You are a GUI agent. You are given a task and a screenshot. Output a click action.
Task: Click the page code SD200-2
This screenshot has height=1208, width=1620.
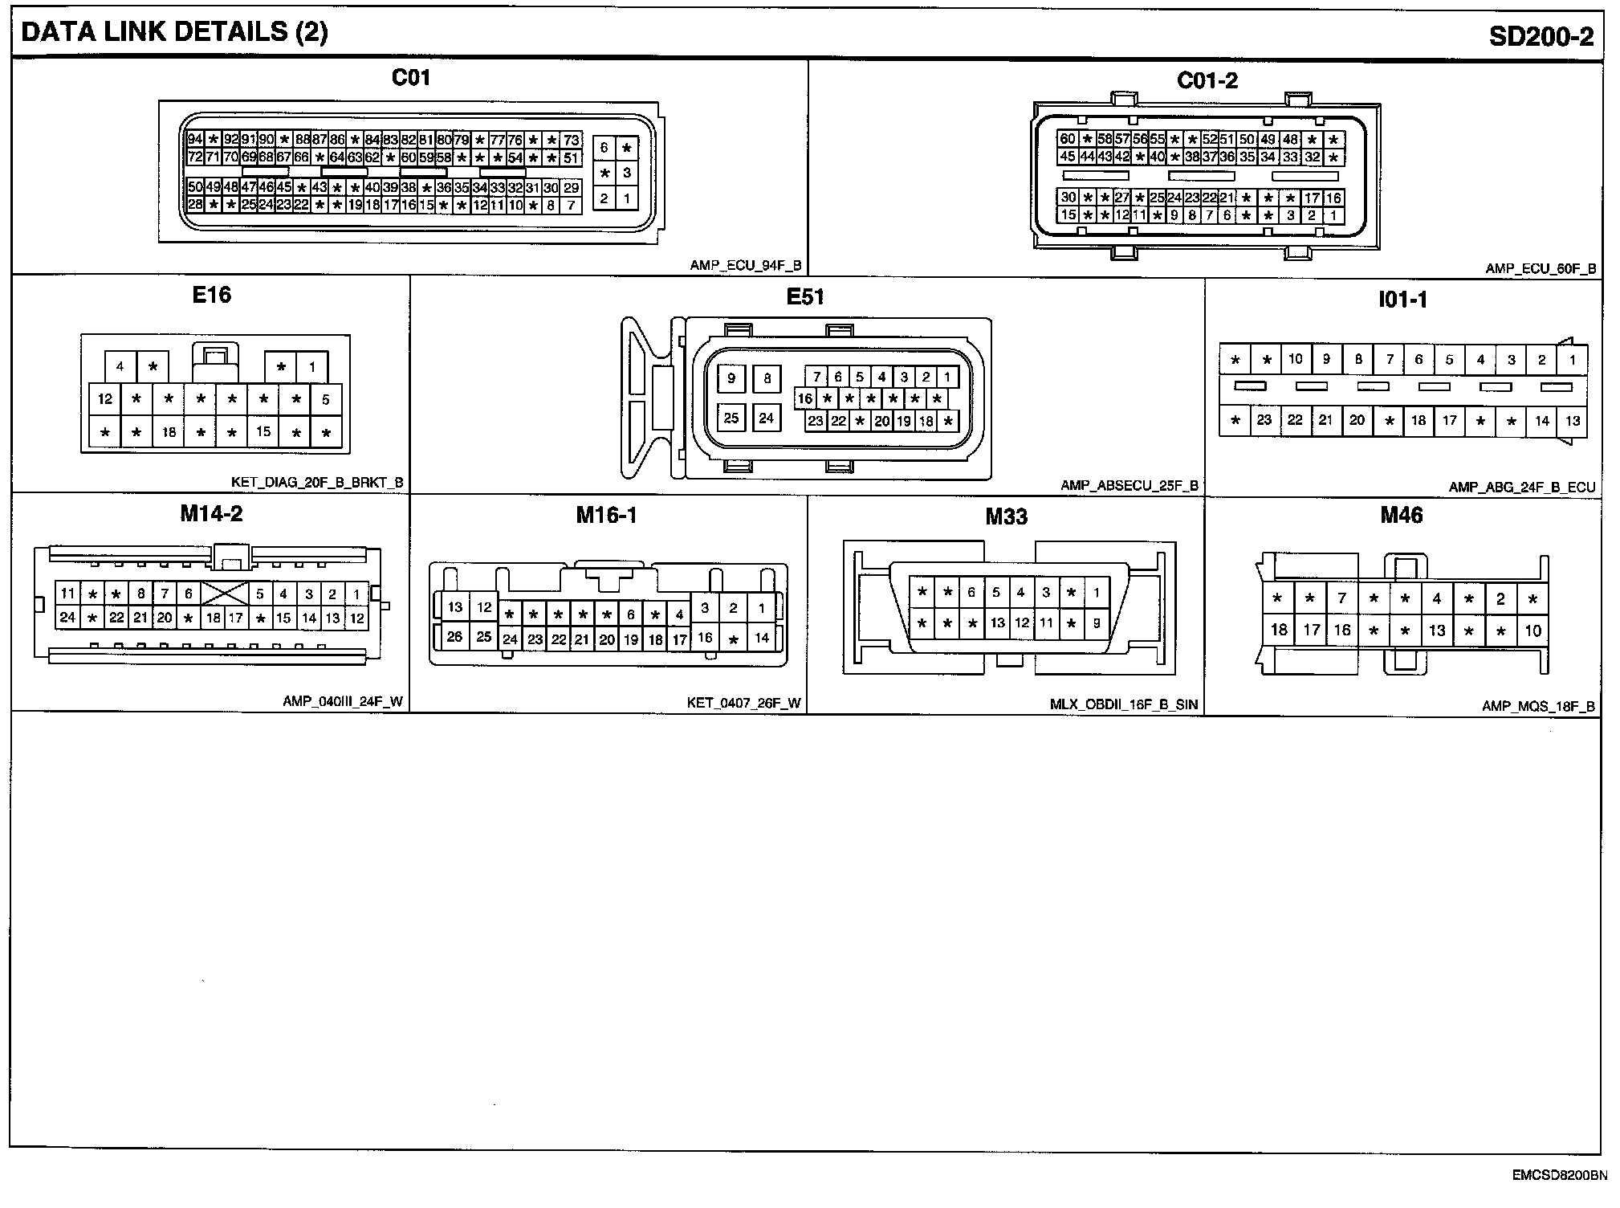tap(1541, 36)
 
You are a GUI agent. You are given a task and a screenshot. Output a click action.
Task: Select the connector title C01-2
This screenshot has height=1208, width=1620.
tap(1207, 80)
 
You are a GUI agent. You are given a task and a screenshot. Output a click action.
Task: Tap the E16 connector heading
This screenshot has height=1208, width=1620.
tap(212, 295)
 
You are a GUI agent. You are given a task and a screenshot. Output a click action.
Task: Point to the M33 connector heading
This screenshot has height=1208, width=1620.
tap(1006, 516)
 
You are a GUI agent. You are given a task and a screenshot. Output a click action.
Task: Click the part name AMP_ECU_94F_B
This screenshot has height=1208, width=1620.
tap(745, 266)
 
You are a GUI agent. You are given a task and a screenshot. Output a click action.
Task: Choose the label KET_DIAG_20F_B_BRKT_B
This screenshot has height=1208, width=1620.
tap(317, 483)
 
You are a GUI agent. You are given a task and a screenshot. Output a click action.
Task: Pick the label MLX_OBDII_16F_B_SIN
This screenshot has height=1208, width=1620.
tap(1123, 704)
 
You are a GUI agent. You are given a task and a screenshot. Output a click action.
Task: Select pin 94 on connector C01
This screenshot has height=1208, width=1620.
tap(195, 139)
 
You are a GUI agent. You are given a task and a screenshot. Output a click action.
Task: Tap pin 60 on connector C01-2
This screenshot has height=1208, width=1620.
tap(1067, 139)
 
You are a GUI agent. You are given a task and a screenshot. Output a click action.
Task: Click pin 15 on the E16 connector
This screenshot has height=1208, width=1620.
tap(263, 431)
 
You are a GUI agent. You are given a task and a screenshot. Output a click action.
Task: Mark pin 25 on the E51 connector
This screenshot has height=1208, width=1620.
tap(731, 418)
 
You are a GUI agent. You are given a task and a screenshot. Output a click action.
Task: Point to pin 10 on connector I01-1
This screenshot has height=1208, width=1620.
tap(1296, 359)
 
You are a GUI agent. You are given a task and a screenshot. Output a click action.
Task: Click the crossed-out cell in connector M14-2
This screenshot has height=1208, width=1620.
tap(224, 594)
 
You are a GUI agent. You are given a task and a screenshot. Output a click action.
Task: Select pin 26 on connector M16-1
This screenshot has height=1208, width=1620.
tap(454, 636)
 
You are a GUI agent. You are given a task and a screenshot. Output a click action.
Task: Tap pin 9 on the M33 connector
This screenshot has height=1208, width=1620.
tap(1096, 622)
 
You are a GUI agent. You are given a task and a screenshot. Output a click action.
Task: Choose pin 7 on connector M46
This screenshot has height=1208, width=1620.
tap(1341, 598)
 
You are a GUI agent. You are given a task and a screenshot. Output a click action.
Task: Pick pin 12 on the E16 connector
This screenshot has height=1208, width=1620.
tap(105, 398)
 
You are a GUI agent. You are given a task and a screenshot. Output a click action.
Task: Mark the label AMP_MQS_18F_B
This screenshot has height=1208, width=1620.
tap(1538, 707)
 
